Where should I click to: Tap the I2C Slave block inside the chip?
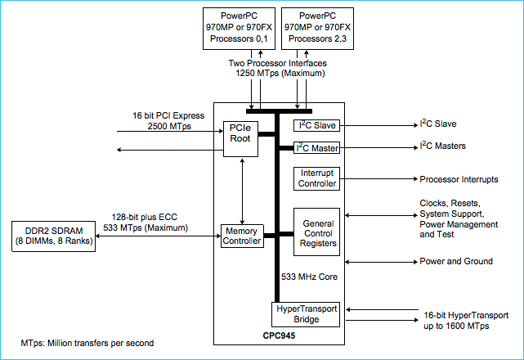tap(316, 125)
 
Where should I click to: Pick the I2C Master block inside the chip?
tap(316, 148)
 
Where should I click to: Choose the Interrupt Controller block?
tap(316, 178)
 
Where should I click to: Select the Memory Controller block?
tap(241, 236)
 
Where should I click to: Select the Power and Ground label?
tap(456, 261)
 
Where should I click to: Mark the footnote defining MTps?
tap(87, 341)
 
